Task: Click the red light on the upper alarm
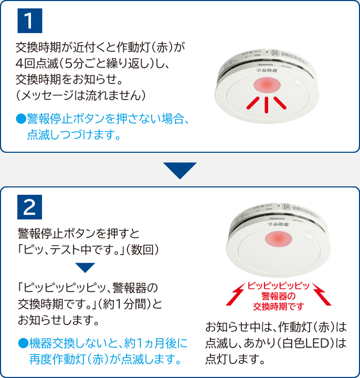click(x=266, y=86)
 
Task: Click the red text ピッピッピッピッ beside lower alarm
click(x=279, y=286)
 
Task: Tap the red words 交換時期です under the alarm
click(x=279, y=306)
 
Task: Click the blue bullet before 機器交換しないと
click(x=22, y=343)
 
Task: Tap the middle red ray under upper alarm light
click(x=267, y=105)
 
